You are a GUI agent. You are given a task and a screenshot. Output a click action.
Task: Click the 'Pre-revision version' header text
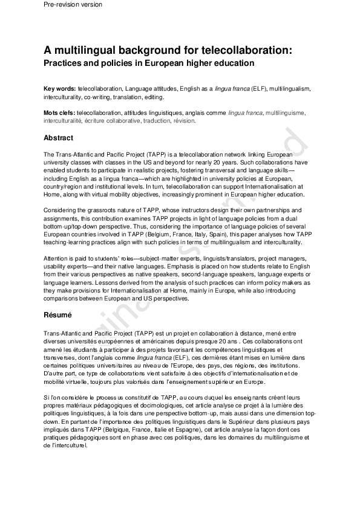coord(73,5)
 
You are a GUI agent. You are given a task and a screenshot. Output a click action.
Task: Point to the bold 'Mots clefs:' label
coord(59,112)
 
